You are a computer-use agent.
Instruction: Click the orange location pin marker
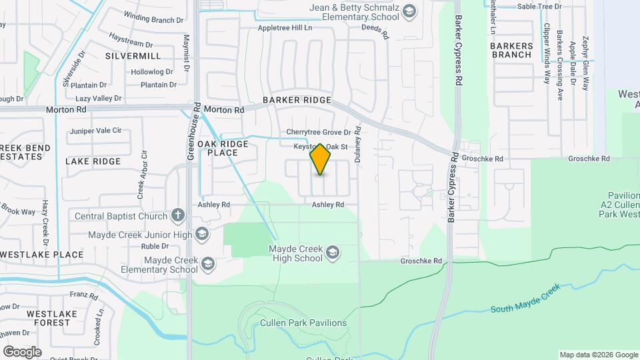pos(321,159)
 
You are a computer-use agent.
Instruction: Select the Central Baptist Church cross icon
pos(177,215)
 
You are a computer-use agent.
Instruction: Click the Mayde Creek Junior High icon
pos(201,235)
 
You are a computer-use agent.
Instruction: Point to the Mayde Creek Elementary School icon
pos(208,265)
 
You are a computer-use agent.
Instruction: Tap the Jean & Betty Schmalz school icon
pos(409,11)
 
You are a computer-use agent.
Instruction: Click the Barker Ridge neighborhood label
pos(297,100)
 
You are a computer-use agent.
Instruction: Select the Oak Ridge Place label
pos(223,148)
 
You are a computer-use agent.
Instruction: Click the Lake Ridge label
pos(93,161)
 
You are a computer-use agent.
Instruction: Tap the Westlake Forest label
pos(48,317)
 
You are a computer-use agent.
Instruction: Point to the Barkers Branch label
pos(512,50)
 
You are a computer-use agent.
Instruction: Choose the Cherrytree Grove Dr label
pos(318,133)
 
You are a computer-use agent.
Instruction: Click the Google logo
pos(22,351)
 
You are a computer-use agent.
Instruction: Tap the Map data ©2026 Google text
pos(599,355)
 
